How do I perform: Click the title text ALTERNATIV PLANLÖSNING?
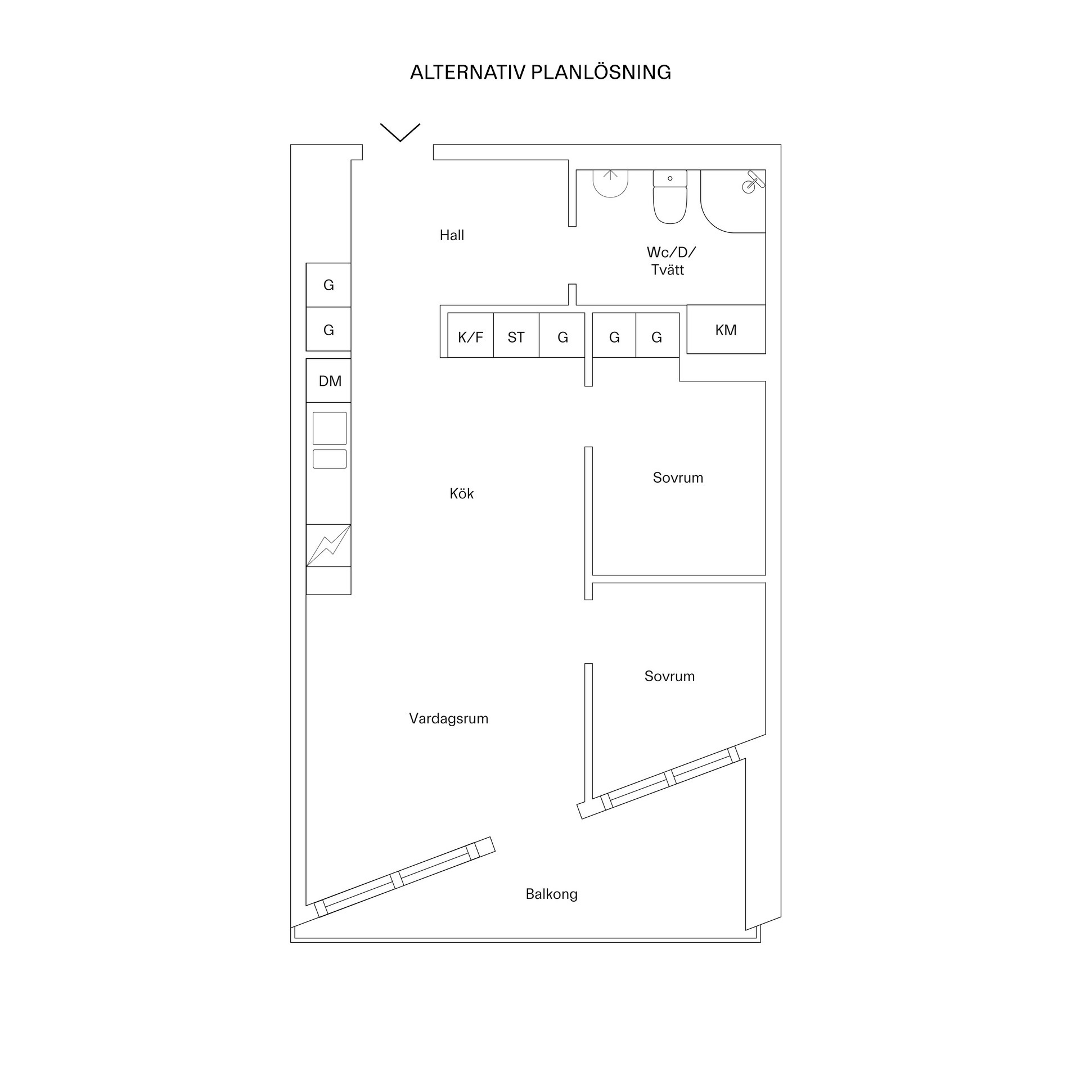click(540, 73)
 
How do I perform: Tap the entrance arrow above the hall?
click(400, 132)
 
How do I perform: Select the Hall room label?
click(452, 235)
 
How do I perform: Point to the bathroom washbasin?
click(610, 183)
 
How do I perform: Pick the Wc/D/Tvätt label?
click(670, 260)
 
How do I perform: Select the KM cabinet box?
click(726, 330)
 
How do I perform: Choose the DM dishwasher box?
click(329, 381)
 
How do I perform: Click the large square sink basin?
click(330, 428)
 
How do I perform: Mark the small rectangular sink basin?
click(330, 459)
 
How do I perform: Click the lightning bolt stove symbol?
click(328, 545)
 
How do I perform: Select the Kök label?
click(461, 494)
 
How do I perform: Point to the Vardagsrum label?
click(448, 718)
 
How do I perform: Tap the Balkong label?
click(551, 894)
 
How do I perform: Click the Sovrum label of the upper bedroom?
click(677, 478)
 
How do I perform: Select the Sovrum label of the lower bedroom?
click(669, 676)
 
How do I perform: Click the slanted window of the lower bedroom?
click(669, 778)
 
